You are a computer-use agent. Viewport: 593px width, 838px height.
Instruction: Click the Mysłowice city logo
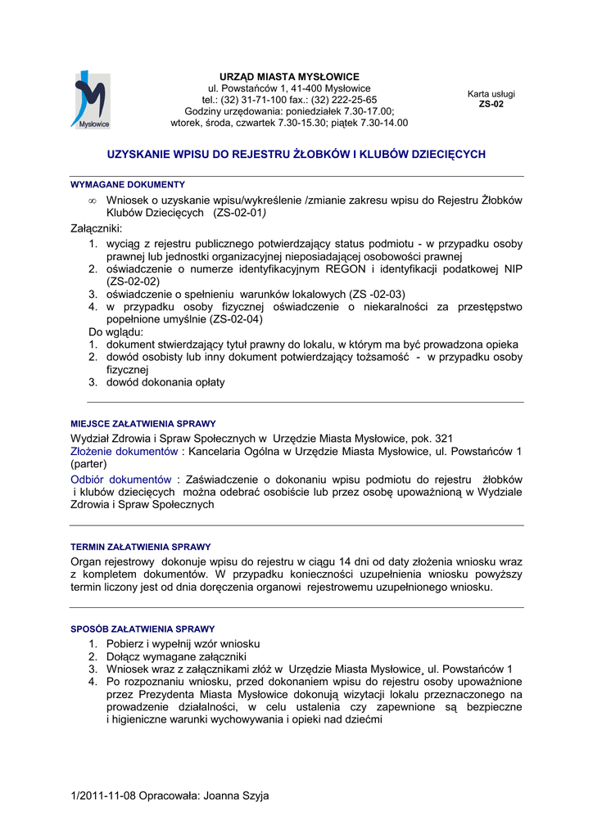(x=91, y=100)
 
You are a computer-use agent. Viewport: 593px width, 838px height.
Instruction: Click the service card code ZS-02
(x=491, y=105)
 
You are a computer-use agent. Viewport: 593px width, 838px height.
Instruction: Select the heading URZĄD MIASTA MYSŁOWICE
(x=289, y=77)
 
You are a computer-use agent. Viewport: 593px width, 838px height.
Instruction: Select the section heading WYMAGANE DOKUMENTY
(x=128, y=185)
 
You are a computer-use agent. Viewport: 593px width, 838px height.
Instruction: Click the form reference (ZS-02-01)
(x=240, y=213)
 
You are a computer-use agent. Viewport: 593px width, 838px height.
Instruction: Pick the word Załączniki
(x=97, y=228)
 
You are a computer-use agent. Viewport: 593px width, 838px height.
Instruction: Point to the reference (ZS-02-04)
(x=237, y=319)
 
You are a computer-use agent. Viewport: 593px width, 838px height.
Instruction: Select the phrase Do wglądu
(x=115, y=332)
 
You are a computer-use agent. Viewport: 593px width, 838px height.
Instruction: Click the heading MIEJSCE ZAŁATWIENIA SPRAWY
(x=143, y=425)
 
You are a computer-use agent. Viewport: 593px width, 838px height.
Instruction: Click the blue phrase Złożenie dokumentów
(x=124, y=451)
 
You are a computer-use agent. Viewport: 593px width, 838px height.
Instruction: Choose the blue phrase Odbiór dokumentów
(x=121, y=479)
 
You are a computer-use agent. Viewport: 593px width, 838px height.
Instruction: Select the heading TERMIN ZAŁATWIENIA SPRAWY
(x=141, y=547)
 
